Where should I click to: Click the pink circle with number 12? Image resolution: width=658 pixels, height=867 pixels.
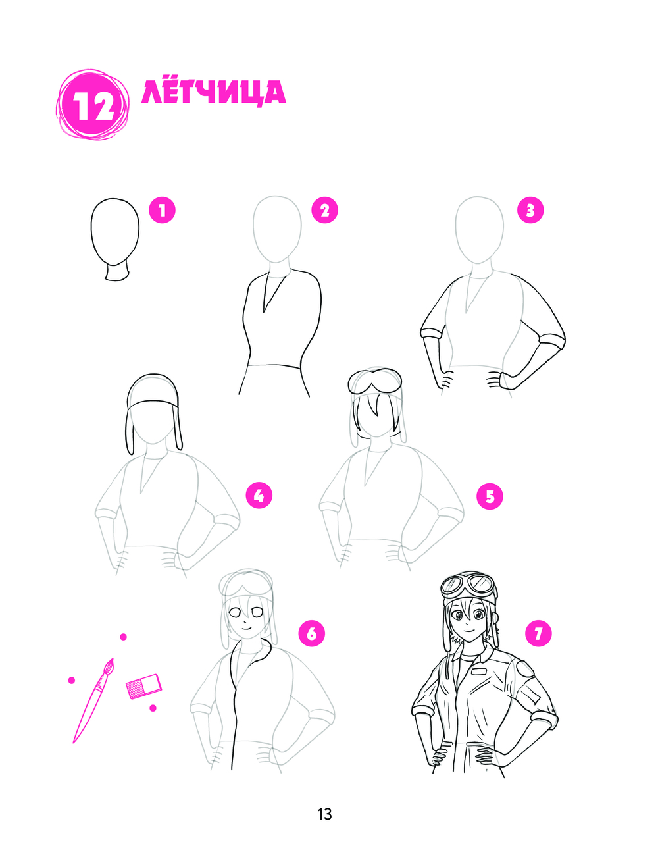tap(93, 104)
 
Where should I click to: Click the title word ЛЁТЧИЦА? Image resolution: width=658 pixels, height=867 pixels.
tap(214, 93)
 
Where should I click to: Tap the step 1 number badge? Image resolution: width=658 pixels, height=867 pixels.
tap(163, 210)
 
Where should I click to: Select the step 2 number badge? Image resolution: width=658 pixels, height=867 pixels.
tap(325, 210)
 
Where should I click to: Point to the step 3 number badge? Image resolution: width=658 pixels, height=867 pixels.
tap(530, 210)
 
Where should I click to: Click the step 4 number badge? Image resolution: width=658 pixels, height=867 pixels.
tap(259, 496)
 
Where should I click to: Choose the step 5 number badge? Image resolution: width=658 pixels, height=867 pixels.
tap(490, 496)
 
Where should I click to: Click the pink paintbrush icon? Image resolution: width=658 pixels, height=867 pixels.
tap(93, 700)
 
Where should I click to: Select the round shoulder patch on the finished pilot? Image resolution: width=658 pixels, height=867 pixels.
tap(525, 670)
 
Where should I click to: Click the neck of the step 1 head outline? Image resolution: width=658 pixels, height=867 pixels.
tap(116, 272)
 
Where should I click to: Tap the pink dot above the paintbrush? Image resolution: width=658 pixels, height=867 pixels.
tap(123, 637)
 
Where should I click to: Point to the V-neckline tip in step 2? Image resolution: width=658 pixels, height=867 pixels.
tap(265, 311)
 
